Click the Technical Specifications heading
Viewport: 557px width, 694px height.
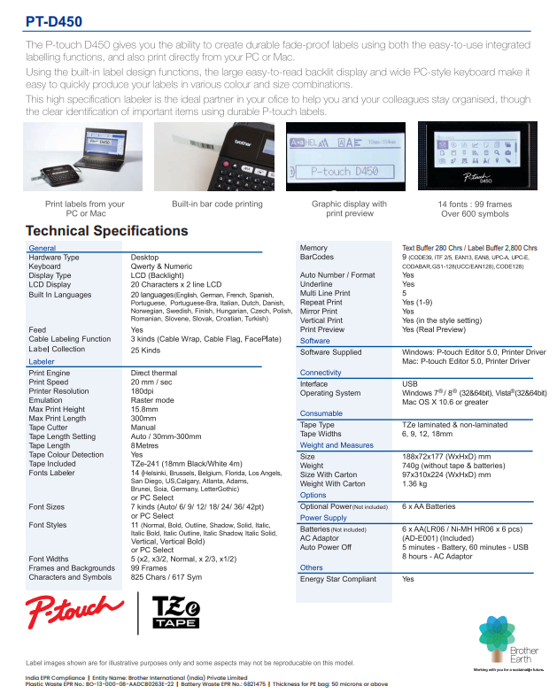(x=106, y=231)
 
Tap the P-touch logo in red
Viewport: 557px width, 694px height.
(x=74, y=611)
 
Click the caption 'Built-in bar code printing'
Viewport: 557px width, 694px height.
(x=217, y=204)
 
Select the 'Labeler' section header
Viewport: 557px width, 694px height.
(x=42, y=362)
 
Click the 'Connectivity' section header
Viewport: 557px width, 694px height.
(x=321, y=373)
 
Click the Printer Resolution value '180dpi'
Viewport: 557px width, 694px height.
(x=144, y=391)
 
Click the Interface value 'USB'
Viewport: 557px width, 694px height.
(x=410, y=384)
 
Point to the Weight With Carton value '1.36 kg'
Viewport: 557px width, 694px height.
(x=416, y=484)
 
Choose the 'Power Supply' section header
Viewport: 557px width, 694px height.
(x=323, y=518)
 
